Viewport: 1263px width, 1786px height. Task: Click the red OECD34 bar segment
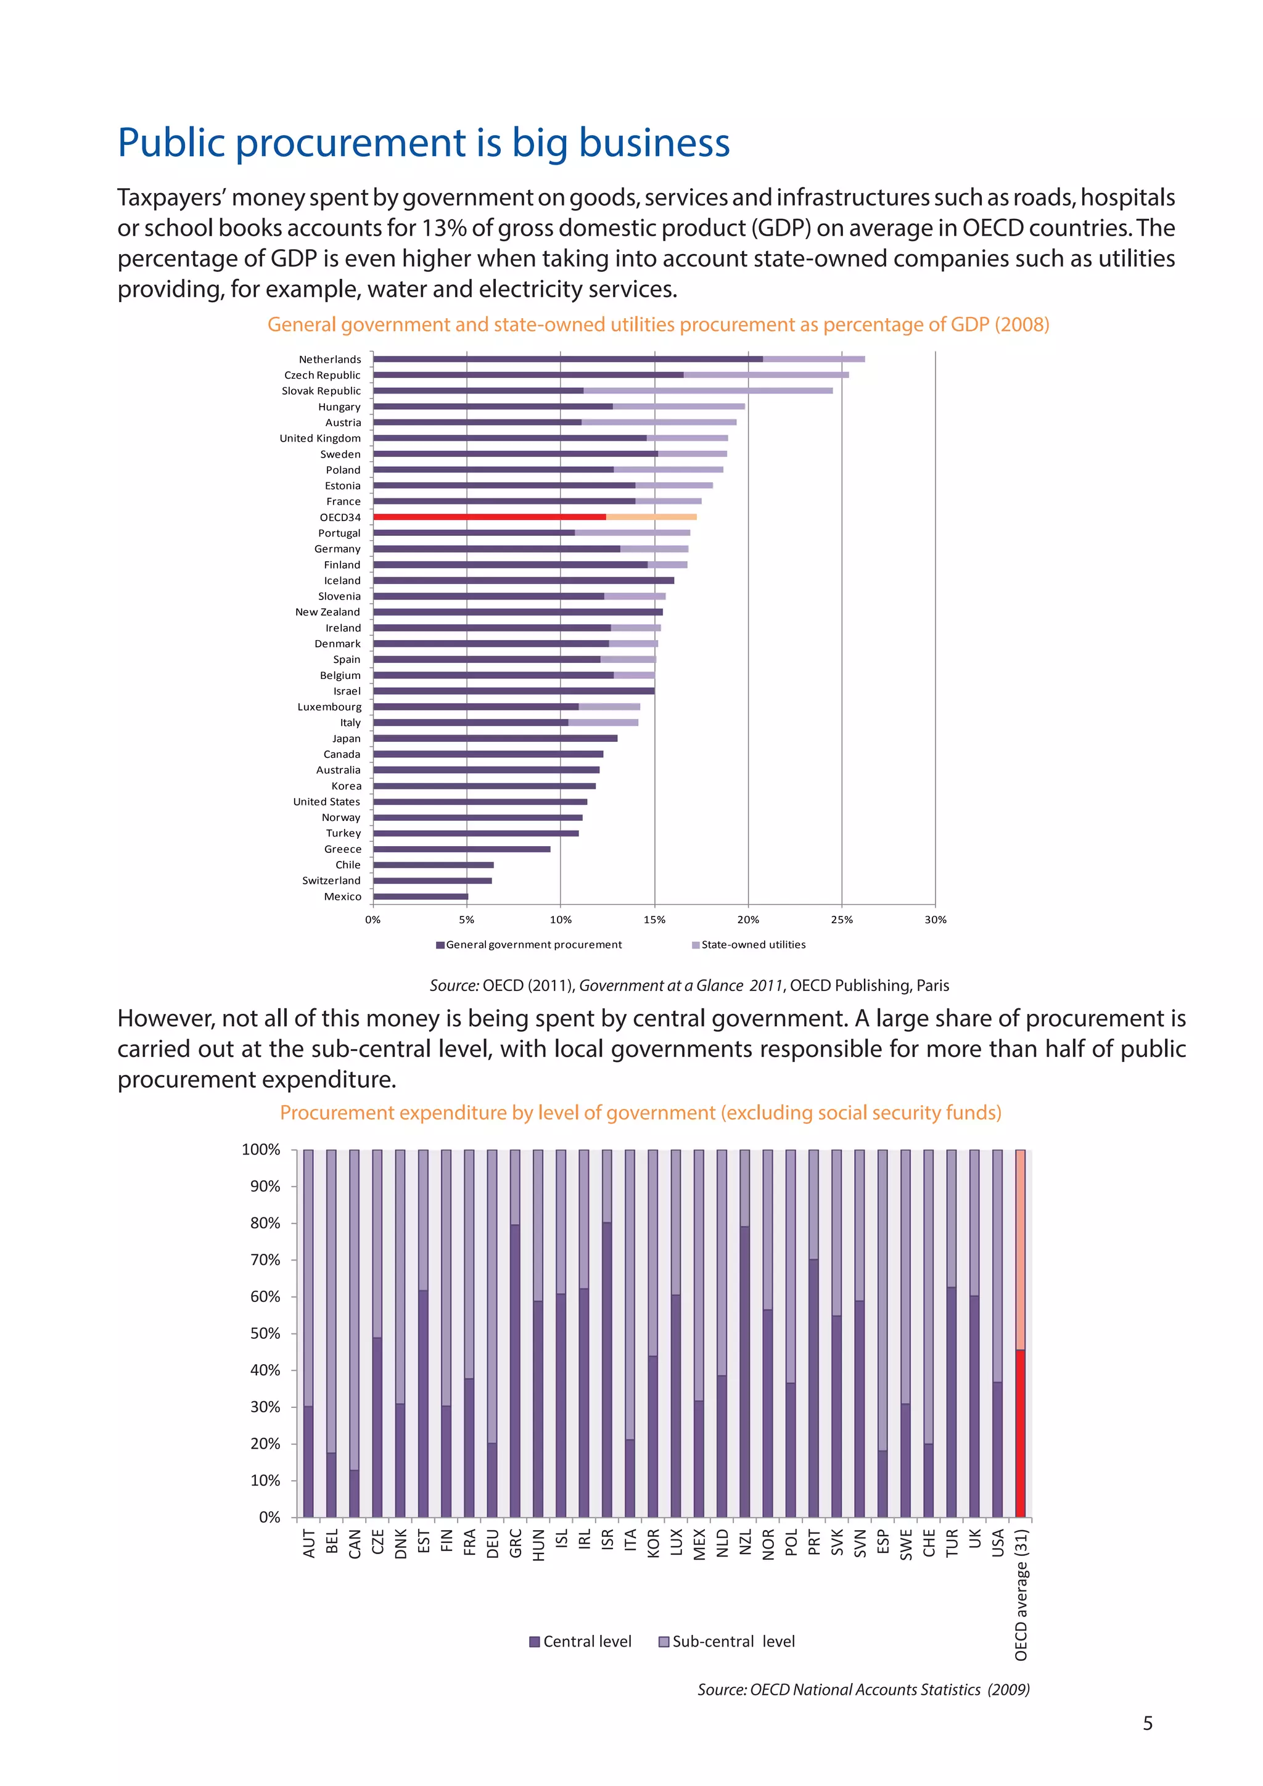click(489, 517)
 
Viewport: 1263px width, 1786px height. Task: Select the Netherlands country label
click(330, 360)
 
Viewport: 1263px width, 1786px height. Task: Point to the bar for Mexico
click(421, 896)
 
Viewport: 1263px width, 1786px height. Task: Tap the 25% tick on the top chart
click(841, 920)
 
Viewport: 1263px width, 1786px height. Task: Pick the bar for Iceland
click(524, 580)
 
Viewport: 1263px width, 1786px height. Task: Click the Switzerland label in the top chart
click(331, 881)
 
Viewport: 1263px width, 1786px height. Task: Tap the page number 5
click(1147, 1723)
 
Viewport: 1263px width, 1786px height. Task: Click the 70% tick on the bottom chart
click(265, 1259)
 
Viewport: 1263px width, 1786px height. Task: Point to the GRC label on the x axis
click(516, 1543)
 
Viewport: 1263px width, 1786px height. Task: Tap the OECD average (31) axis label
click(1021, 1595)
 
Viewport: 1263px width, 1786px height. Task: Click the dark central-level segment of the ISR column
click(607, 1369)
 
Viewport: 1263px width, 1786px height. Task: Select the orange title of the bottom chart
click(640, 1113)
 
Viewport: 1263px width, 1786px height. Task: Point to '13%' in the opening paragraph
click(443, 228)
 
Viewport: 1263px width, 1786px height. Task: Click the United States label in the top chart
click(327, 801)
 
